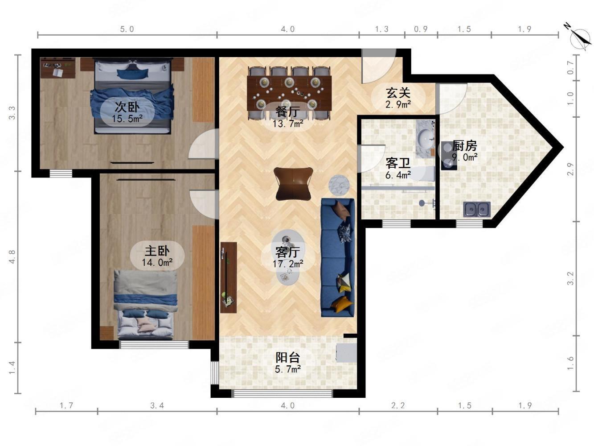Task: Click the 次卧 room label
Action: (x=127, y=107)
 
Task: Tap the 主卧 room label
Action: (x=157, y=251)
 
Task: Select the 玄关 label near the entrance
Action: (x=398, y=93)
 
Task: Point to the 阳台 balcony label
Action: (x=287, y=357)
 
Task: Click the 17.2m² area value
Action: (x=288, y=264)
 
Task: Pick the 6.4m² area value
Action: (x=398, y=175)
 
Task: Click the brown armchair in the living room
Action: (x=293, y=184)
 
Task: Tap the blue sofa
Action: (x=338, y=257)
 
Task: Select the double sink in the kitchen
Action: (x=476, y=209)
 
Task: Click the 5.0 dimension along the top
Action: (x=127, y=29)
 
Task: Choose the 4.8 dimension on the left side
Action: (x=12, y=257)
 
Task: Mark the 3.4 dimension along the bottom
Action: (x=157, y=405)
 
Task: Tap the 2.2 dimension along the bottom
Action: (x=398, y=405)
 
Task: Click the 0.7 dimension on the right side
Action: (x=570, y=67)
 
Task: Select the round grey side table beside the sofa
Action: (x=339, y=185)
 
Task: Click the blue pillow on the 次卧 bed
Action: (x=133, y=73)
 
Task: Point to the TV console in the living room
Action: (x=229, y=277)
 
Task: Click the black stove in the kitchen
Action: (x=449, y=156)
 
